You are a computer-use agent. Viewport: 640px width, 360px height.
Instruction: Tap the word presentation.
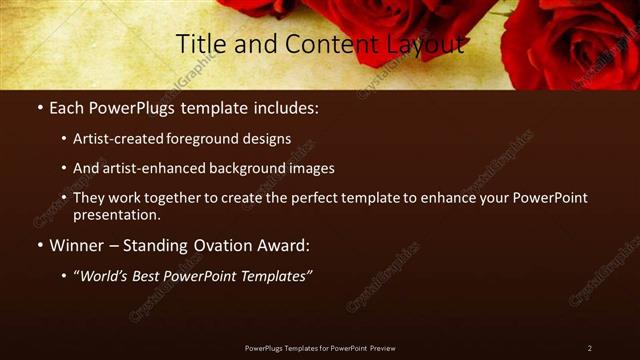[117, 214]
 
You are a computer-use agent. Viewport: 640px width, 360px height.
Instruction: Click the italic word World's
[105, 275]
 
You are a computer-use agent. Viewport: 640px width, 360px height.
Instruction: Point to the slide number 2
[589, 348]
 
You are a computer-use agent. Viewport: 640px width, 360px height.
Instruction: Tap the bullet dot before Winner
[39, 245]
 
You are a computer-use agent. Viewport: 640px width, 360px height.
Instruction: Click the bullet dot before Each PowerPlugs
[39, 106]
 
